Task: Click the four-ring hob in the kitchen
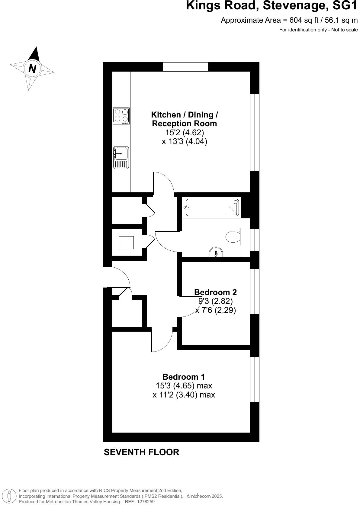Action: tap(121, 116)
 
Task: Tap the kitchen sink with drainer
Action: tap(121, 157)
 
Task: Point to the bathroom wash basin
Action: tap(216, 252)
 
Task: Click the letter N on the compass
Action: tap(32, 69)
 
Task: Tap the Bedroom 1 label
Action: tap(184, 377)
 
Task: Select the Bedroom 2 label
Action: tap(215, 292)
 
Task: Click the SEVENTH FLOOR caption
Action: tap(141, 452)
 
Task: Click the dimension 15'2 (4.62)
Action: tap(185, 132)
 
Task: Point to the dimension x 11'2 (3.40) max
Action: tap(184, 394)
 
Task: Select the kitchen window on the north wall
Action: tap(185, 67)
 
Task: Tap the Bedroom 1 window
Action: tap(255, 380)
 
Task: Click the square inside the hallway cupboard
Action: tap(126, 243)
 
